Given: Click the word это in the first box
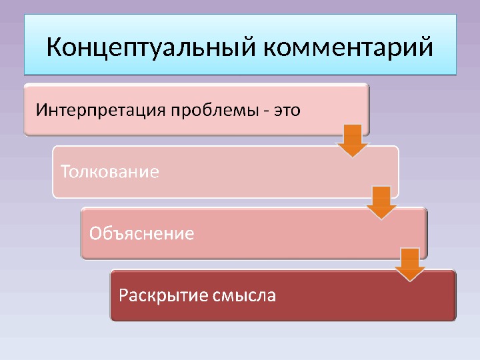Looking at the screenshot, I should [x=287, y=110].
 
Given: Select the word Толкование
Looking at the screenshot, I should [x=110, y=172].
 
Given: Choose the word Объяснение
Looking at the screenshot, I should [x=141, y=233].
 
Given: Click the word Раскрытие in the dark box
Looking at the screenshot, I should [x=163, y=295].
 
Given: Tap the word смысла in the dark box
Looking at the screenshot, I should [x=243, y=295].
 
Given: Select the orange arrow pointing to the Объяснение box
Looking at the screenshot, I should [x=381, y=202].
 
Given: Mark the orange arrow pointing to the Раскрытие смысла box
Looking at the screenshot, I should [x=410, y=264].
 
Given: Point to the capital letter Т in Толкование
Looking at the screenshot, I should [x=65, y=171].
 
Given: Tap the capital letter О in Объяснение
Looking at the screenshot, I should [x=96, y=233].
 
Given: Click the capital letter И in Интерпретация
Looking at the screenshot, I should [x=41, y=109].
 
